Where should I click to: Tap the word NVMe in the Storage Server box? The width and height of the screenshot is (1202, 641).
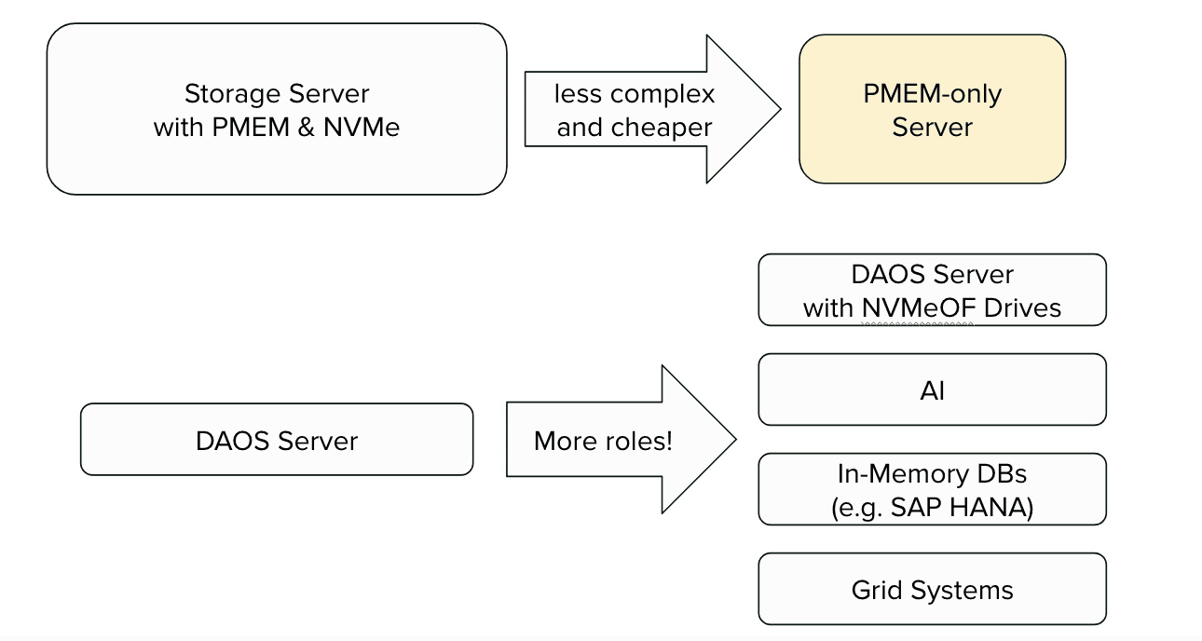click(x=362, y=127)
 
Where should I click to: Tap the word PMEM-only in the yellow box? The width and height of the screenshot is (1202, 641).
click(x=932, y=94)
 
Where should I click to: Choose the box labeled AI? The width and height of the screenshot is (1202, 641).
click(x=932, y=390)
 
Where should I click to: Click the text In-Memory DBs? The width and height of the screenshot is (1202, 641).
click(x=932, y=474)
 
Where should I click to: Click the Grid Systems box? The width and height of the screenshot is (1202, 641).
click(x=932, y=590)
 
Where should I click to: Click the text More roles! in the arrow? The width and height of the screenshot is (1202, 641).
click(x=602, y=441)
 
